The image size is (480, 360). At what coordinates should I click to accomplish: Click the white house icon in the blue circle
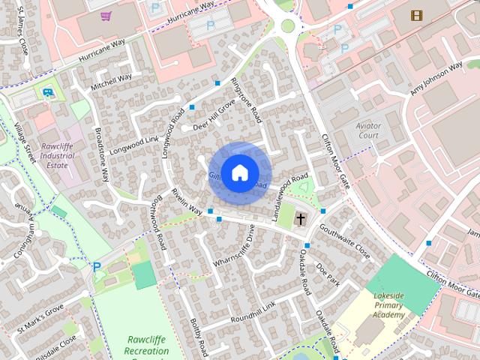(x=239, y=172)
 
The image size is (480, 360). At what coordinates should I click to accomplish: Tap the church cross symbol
(x=301, y=220)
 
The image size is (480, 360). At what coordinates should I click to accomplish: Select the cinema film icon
(x=416, y=15)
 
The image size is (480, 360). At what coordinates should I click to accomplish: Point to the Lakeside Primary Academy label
(x=389, y=305)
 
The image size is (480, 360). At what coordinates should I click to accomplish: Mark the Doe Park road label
(x=328, y=274)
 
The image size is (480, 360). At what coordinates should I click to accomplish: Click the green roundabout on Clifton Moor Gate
(x=288, y=26)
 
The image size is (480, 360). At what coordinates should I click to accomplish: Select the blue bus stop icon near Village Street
(x=48, y=93)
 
